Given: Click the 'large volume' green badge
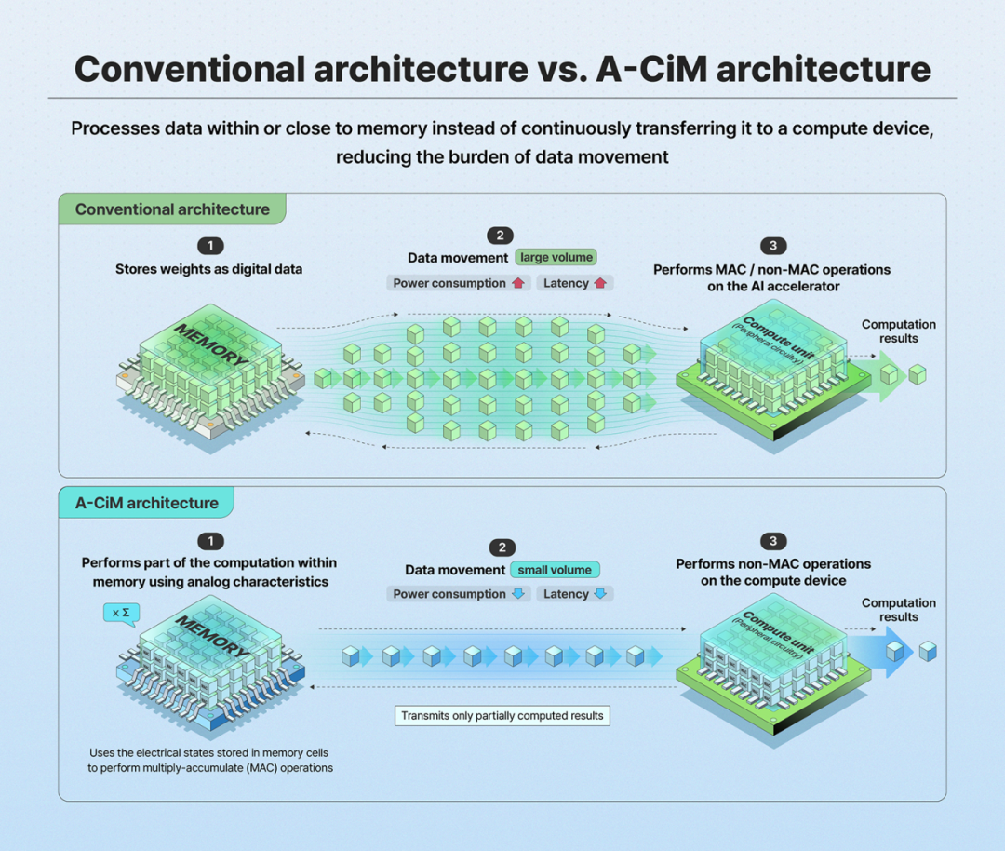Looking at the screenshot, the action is tap(556, 257).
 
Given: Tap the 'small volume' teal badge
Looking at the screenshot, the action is tap(555, 570).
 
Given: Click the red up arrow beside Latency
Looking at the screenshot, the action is tap(600, 283).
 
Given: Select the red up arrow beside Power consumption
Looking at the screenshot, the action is tap(518, 283).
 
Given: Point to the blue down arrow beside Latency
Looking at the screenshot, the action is tap(600, 594).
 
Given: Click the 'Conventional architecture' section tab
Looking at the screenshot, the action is tap(172, 209).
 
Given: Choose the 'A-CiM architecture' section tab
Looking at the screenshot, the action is tap(146, 503).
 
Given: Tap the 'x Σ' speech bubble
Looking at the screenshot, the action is tap(121, 614).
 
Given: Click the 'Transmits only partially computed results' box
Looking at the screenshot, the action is tap(502, 716).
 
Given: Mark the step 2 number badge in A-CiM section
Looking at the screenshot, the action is tap(502, 547).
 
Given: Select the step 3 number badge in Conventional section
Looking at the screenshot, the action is tap(773, 246).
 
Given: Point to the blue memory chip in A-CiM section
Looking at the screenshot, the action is tap(211, 667).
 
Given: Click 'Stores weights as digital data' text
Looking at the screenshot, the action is tap(209, 269).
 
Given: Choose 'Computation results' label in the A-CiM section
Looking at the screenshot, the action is tap(899, 610).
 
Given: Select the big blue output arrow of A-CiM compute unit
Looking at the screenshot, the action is tap(881, 652).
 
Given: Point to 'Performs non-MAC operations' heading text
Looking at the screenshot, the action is tap(773, 563).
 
